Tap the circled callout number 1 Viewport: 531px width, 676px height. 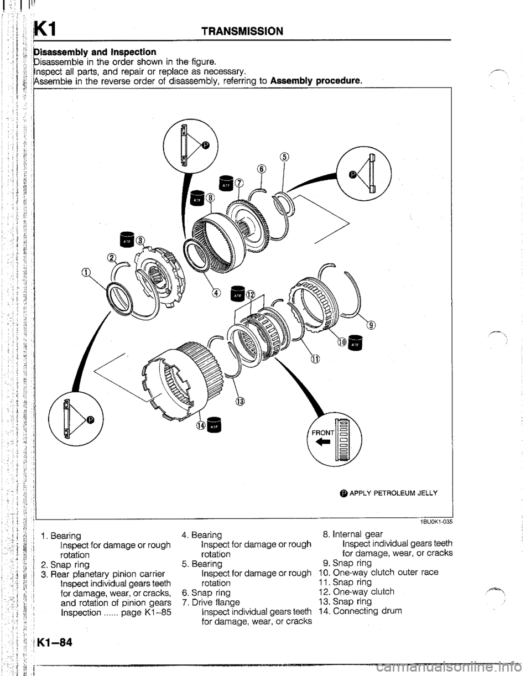[x=87, y=272]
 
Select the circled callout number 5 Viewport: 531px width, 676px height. [x=284, y=156]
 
